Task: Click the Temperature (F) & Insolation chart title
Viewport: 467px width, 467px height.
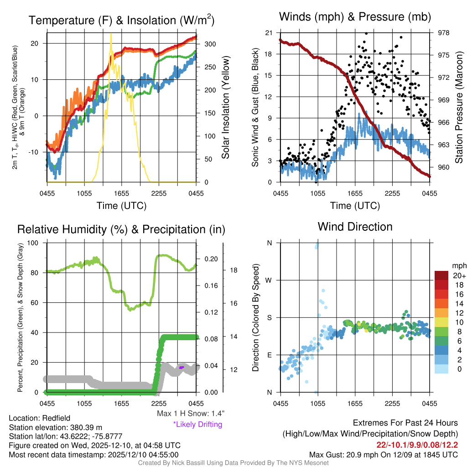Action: (121, 20)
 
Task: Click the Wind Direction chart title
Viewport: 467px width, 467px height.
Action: (355, 227)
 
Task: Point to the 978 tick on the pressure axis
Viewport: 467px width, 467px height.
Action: (444, 33)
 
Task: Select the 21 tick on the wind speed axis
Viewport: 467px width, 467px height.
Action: (269, 33)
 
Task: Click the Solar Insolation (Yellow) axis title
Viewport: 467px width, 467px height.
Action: (225, 107)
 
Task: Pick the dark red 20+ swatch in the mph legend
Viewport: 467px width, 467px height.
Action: (442, 275)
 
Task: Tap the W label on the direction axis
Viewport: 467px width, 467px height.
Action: (270, 280)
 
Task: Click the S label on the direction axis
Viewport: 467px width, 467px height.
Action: (270, 317)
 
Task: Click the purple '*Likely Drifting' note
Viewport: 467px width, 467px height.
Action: (197, 425)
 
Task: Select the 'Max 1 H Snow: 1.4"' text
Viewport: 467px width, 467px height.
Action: (191, 413)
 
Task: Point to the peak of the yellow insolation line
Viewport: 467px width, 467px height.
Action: (111, 34)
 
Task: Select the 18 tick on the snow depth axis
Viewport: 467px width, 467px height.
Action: (233, 270)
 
